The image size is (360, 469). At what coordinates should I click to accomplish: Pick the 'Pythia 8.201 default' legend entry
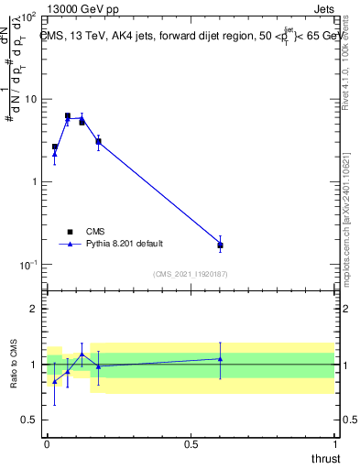[x=110, y=244]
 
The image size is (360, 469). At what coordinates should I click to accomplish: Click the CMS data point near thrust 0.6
[x=220, y=245]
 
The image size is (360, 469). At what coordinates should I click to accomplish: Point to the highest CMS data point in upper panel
[x=68, y=116]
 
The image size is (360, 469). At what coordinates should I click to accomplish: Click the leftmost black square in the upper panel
[x=55, y=147]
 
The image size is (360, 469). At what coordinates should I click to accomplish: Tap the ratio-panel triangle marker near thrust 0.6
[x=220, y=359]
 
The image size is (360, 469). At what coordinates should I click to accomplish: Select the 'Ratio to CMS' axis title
[x=14, y=365]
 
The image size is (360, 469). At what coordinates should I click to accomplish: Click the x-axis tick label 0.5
[x=191, y=443]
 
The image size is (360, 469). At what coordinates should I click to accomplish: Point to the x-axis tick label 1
[x=335, y=443]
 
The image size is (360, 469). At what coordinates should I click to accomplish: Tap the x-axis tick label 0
[x=47, y=443]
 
